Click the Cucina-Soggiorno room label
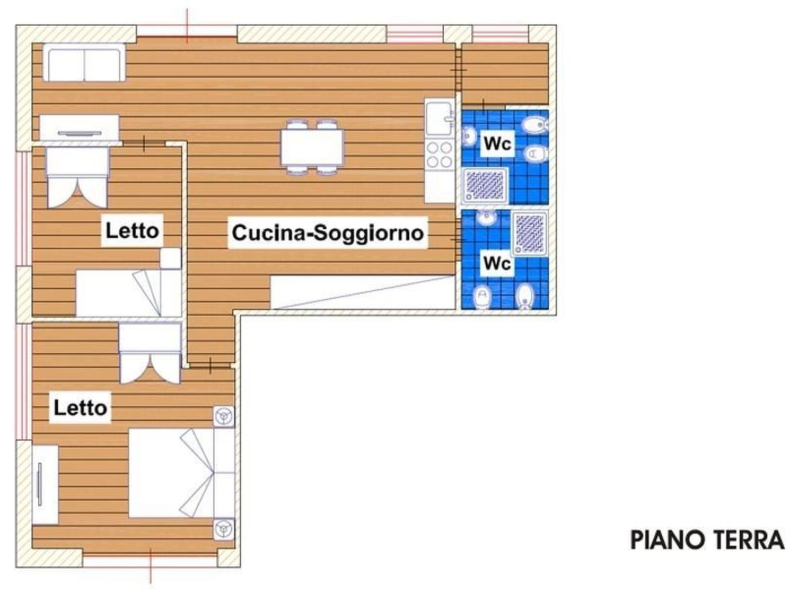click(328, 233)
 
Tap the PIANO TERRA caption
click(707, 540)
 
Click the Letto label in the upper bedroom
click(132, 230)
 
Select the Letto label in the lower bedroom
click(80, 408)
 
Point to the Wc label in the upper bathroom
click(498, 144)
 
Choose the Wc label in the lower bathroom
click(497, 263)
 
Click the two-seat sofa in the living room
click(84, 62)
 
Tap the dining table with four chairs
click(312, 147)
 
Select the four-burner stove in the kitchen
click(440, 155)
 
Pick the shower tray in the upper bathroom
click(485, 186)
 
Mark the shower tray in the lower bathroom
click(530, 234)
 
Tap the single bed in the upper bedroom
click(129, 293)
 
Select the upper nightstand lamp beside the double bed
click(224, 416)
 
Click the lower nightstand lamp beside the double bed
click(224, 529)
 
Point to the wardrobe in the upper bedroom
click(78, 177)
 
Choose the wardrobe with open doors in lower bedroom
click(150, 353)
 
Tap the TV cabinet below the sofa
click(80, 129)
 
